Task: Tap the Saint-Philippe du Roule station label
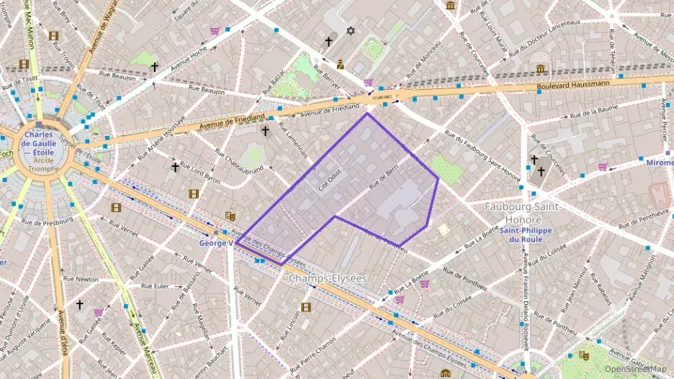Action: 534,234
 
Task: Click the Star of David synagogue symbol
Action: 351,31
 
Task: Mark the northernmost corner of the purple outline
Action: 367,113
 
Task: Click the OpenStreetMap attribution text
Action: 635,369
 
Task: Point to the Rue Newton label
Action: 81,278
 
